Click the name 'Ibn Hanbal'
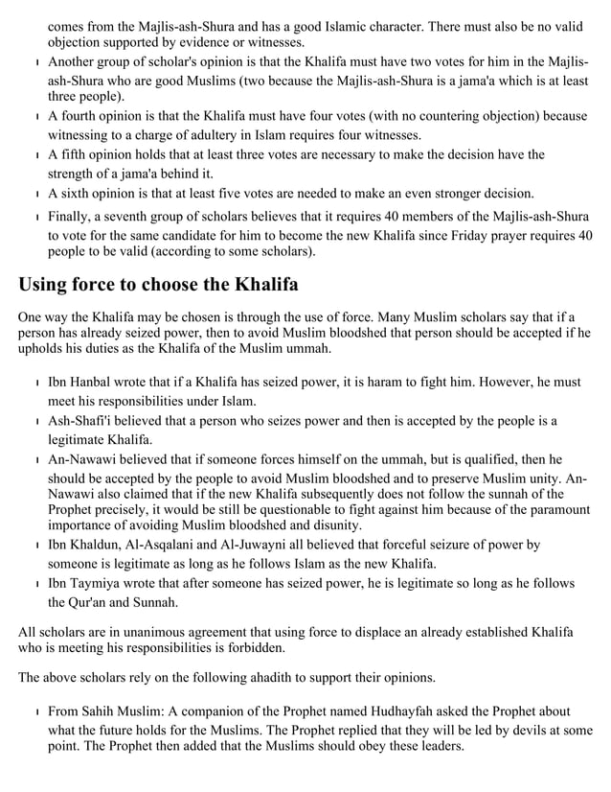click(x=84, y=380)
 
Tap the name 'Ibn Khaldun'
click(x=88, y=544)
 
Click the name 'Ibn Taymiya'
click(x=88, y=583)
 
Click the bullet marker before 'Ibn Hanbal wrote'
click(x=35, y=381)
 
